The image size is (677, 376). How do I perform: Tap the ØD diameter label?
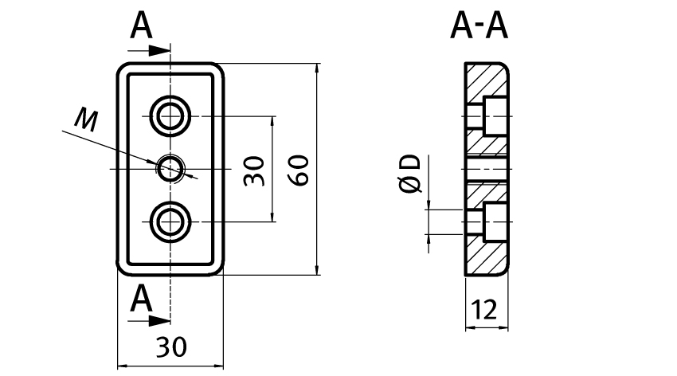click(410, 174)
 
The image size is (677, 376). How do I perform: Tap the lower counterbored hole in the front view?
click(170, 221)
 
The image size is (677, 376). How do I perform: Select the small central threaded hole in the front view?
click(170, 168)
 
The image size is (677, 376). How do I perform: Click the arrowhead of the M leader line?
click(155, 164)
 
